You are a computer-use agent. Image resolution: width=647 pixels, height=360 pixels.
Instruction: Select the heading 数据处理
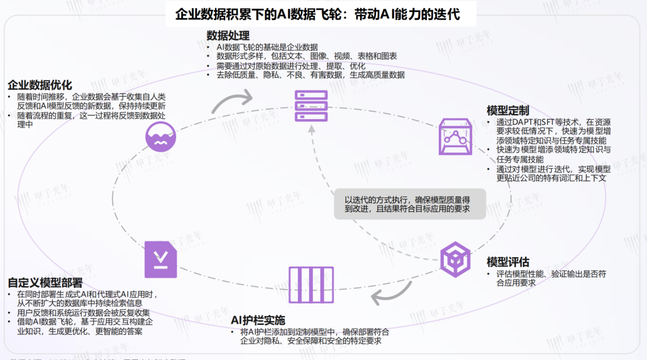point(228,35)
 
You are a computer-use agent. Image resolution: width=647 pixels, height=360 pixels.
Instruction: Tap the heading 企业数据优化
point(39,85)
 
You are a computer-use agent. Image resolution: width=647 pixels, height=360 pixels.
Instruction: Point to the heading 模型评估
point(508,262)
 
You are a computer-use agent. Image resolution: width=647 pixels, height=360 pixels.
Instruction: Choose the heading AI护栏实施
point(258,319)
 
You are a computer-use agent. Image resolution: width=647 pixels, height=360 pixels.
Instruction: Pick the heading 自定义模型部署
point(45,282)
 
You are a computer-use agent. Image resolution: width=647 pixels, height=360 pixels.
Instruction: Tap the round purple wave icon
point(161,136)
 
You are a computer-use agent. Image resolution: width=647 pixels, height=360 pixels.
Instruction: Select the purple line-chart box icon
point(454,136)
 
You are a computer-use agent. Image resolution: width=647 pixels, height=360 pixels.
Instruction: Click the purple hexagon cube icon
point(455,259)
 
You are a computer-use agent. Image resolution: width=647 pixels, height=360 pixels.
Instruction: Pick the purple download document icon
point(160,259)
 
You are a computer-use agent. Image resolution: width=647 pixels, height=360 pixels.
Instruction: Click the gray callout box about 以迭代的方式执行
point(409,203)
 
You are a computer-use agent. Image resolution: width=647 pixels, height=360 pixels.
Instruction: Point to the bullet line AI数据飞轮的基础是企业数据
point(267,47)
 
